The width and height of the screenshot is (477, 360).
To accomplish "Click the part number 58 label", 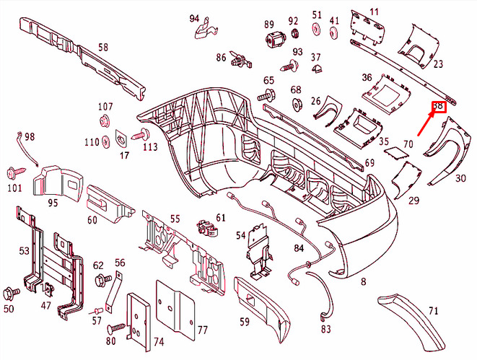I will [103, 48].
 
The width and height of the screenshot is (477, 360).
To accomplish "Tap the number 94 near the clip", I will [194, 18].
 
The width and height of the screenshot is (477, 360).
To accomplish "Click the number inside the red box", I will [438, 107].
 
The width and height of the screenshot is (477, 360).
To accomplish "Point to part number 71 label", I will [433, 311].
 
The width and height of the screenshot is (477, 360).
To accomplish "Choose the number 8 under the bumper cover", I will [363, 281].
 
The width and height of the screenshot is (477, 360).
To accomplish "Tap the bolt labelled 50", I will [10, 293].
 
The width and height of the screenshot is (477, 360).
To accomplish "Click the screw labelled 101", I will [14, 172].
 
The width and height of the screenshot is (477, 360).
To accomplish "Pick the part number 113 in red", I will [149, 147].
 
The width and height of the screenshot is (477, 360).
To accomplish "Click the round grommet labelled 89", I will [273, 41].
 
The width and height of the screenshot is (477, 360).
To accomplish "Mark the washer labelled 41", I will [333, 34].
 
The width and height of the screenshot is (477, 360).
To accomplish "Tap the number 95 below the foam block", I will [53, 203].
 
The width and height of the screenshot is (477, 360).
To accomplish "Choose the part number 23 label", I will [438, 63].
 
